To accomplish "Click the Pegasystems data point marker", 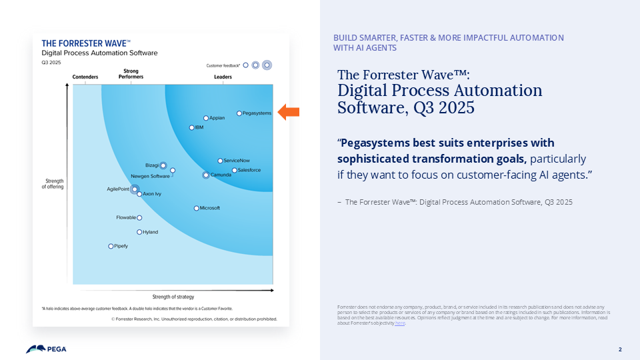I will pos(239,113).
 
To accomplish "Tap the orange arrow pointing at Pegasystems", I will pos(288,112).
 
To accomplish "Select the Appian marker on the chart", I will pos(206,118).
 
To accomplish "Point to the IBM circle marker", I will pos(192,127).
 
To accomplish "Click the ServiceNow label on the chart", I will pos(236,161).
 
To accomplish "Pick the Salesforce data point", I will pos(234,170).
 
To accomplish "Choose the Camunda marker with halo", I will pos(205,175).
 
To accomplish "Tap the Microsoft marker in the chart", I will pos(196,208).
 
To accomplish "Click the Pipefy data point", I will pos(111,246).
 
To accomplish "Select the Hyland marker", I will pos(139,232).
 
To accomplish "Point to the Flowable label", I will pos(126,217).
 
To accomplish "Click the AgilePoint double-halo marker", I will pos(134,189).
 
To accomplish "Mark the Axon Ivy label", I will pos(152,194).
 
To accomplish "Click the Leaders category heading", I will pos(223,77).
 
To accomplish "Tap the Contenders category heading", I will pos(85,77).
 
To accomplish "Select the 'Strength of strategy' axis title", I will pos(173,297).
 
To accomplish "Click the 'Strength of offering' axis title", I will pos(55,184).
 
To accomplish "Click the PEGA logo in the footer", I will pos(46,349).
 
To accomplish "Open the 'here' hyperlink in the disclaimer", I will pos(400,323).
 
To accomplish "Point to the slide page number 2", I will pos(620,349).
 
